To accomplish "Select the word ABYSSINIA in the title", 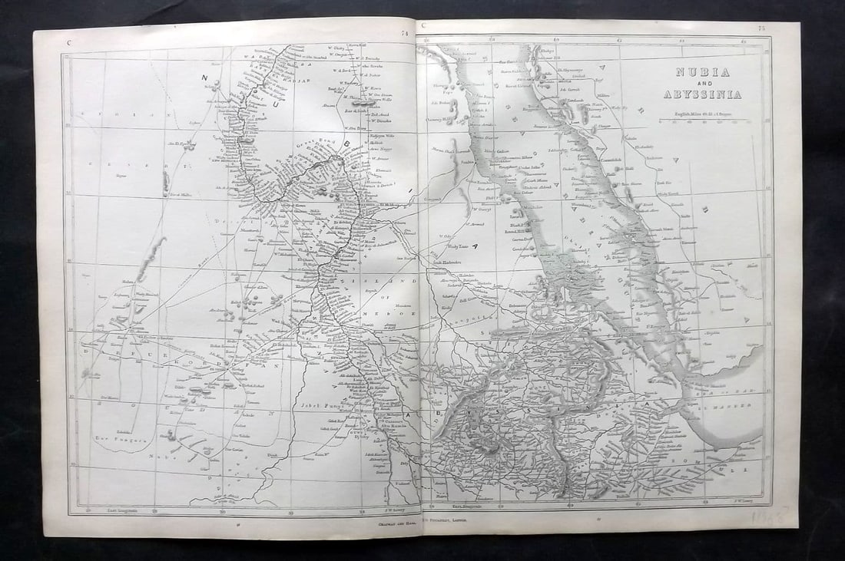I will pyautogui.click(x=703, y=94).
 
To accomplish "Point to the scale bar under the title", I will pyautogui.click(x=702, y=120).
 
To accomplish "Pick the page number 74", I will pyautogui.click(x=404, y=32).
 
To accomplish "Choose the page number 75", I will pyautogui.click(x=761, y=28).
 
